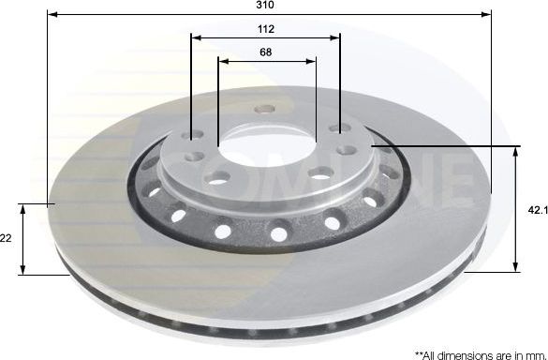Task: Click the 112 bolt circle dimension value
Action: [x=265, y=29]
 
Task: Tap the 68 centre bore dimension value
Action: [x=266, y=52]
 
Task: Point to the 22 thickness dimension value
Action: [x=6, y=239]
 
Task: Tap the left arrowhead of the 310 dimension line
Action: [x=51, y=15]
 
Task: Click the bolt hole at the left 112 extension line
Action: [x=194, y=137]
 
